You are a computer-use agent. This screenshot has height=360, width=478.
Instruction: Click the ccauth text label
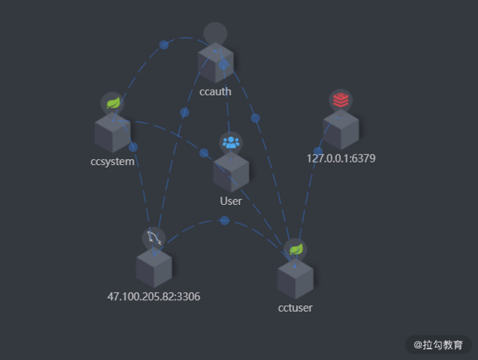pos(215,91)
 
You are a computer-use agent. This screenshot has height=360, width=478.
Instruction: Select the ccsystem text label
pos(113,162)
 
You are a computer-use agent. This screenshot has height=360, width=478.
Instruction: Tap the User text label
pos(231,202)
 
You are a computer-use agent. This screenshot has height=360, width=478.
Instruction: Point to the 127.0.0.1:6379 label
pos(341,158)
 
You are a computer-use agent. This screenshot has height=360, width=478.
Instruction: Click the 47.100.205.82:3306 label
pos(154,296)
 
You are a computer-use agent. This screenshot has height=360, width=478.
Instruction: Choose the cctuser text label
pos(295,308)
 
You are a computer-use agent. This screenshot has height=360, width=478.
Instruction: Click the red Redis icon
pos(341,100)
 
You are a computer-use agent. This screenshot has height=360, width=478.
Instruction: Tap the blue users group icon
pos(231,143)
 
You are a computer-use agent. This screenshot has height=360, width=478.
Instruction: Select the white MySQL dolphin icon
pos(154,238)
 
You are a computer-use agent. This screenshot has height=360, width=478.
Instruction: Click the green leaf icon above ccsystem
pos(113,103)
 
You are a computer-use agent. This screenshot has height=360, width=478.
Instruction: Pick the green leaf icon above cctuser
pos(296,250)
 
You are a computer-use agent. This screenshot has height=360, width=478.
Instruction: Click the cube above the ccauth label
pos(216,62)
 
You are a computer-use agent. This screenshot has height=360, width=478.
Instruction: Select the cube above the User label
pos(231,173)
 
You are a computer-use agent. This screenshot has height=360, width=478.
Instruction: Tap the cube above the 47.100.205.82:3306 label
pos(154,267)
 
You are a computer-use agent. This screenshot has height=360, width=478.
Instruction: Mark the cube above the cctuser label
pos(295,279)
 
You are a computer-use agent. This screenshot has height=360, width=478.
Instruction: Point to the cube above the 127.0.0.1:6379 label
pos(341,129)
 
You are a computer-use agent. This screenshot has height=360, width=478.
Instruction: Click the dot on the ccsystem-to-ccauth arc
pos(163,45)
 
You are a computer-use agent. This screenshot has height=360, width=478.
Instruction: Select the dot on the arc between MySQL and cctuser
pos(224,221)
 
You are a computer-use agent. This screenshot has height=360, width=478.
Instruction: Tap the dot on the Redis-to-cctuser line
pos(318,151)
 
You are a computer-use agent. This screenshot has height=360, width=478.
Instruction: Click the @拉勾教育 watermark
pos(438,345)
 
